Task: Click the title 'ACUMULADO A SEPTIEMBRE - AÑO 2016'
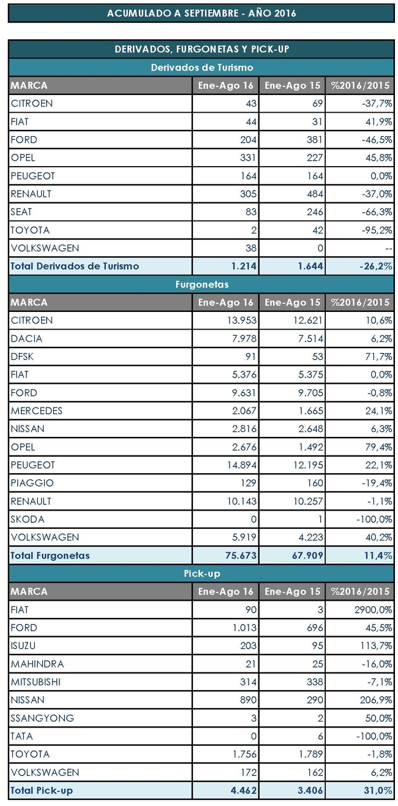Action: tap(201, 13)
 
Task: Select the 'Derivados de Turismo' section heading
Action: tap(201, 67)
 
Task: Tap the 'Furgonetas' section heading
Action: tap(201, 284)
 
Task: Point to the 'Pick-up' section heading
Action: tap(201, 574)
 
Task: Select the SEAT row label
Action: tap(21, 212)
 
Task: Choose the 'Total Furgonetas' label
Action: tap(50, 556)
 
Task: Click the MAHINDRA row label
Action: tap(37, 664)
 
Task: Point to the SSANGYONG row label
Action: tap(42, 718)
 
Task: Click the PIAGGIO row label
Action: tap(32, 483)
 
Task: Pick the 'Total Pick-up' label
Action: tap(42, 791)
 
